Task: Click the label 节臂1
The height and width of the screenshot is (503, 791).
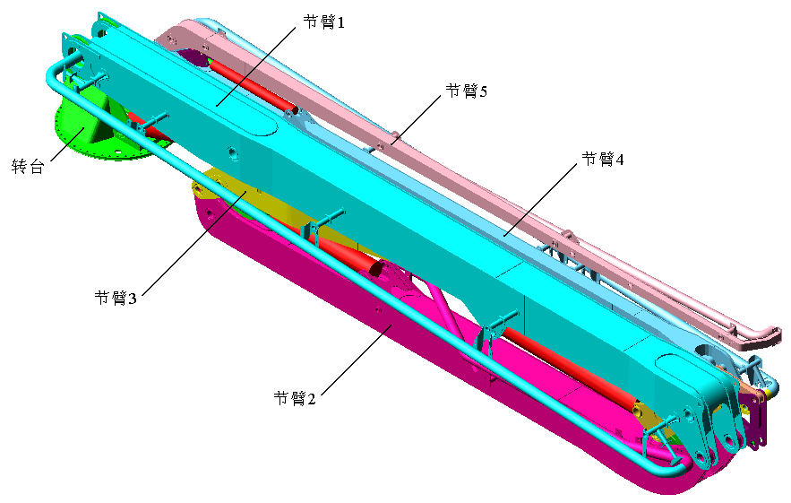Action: coord(324,22)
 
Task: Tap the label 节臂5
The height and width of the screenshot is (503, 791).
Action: coord(467,91)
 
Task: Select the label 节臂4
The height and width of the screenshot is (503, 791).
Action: coord(603,159)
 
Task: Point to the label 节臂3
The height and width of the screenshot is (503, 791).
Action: coord(116,298)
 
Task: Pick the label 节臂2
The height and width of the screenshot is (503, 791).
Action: coord(295,398)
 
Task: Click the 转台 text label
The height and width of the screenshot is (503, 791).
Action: coord(28,166)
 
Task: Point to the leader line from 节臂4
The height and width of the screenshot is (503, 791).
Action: coord(540,199)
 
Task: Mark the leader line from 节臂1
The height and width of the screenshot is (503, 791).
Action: coord(256,66)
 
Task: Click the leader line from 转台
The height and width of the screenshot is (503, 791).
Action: coord(67,145)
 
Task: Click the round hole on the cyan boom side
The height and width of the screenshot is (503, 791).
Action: coord(233,152)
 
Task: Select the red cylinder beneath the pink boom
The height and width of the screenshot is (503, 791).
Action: coord(254,85)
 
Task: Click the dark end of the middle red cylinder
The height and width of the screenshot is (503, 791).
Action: coord(376,268)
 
